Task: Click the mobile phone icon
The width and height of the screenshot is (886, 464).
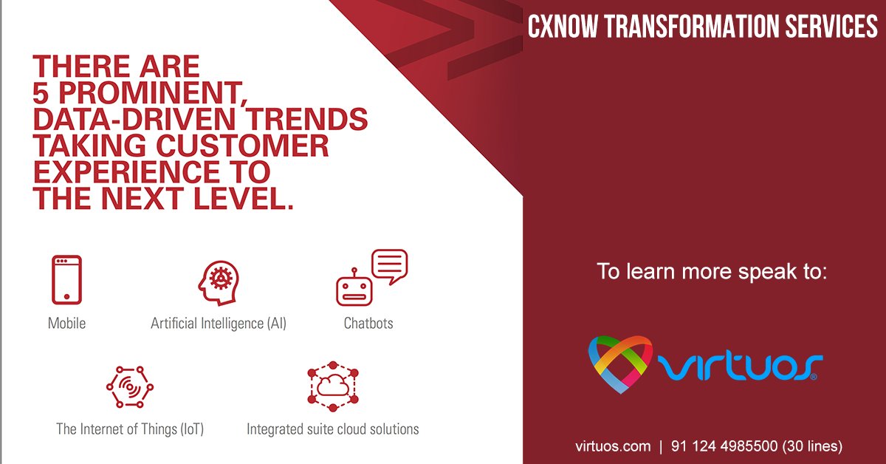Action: pyautogui.click(x=66, y=279)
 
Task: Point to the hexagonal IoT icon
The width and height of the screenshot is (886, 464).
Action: pyautogui.click(x=130, y=386)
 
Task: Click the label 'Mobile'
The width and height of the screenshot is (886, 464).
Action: pyautogui.click(x=66, y=324)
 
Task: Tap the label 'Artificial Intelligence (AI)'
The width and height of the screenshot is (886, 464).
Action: pyautogui.click(x=219, y=324)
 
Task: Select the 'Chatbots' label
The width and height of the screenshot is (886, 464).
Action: pyautogui.click(x=368, y=324)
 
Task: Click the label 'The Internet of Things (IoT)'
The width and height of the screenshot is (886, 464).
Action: pyautogui.click(x=130, y=429)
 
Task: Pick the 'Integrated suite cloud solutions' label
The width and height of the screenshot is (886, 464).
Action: pyautogui.click(x=332, y=429)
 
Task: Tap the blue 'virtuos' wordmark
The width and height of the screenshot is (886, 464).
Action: pyautogui.click(x=738, y=366)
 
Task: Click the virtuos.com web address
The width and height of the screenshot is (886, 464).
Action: pyautogui.click(x=613, y=446)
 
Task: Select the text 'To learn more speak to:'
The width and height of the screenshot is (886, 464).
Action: pyautogui.click(x=712, y=271)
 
